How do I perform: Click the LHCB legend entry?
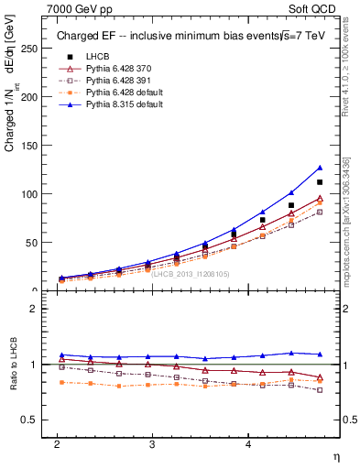coord(97,58)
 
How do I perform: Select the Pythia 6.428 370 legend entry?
coord(125,70)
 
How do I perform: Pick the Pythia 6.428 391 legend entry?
coord(125,82)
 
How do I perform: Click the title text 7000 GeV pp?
coord(74,9)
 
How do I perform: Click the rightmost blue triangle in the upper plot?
coord(320,168)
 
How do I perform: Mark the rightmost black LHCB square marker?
coord(320,182)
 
